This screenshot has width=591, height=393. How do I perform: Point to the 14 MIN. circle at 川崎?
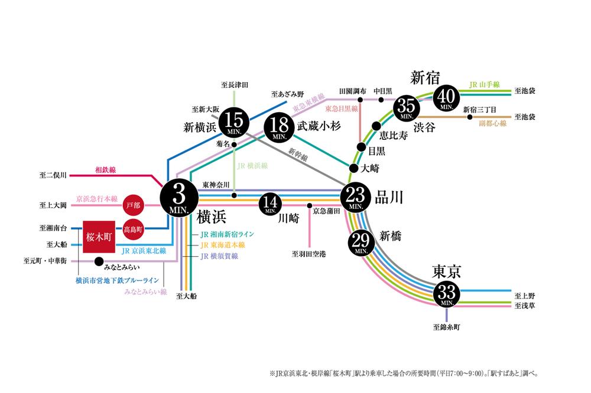271,204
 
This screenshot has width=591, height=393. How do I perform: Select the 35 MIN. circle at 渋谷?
407,108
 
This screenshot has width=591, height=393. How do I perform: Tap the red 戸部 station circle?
135,206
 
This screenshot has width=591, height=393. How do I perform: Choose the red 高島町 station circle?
135,227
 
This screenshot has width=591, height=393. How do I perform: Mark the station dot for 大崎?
353,168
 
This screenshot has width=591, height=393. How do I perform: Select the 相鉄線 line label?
105,170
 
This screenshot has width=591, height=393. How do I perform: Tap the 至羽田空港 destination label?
309,254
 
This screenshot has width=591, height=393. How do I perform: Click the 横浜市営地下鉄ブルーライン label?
116,281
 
